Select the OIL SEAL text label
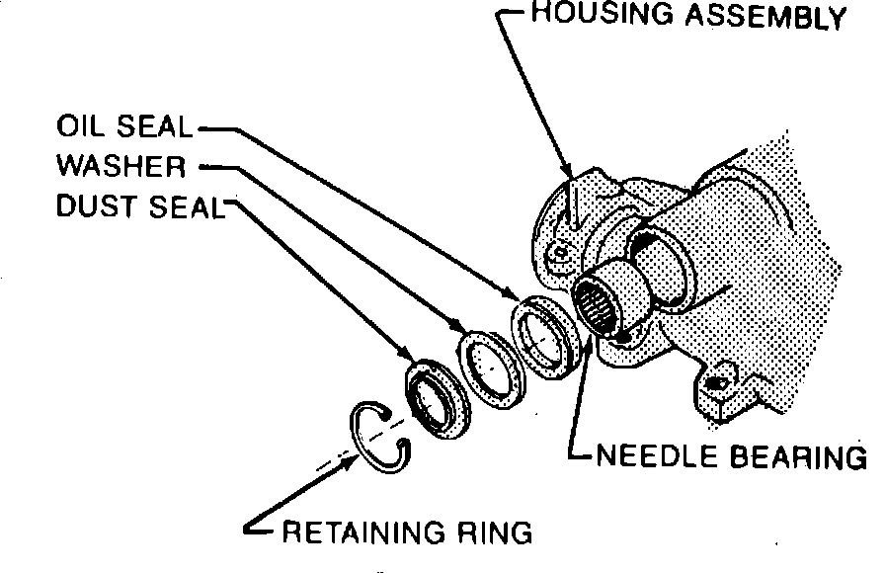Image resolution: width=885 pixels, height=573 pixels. pos(125,129)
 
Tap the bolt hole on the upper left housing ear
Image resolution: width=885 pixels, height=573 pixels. pos(561,253)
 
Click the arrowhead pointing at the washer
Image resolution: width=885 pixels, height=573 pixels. pos(459,328)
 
